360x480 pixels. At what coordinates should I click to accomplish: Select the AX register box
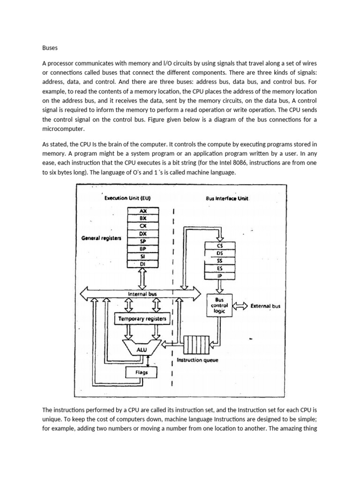(x=143, y=211)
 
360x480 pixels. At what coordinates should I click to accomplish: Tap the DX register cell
(x=143, y=233)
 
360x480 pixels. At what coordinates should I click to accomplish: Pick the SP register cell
(x=143, y=241)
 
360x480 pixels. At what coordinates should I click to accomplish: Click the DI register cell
(x=143, y=264)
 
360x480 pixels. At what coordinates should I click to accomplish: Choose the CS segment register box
(x=220, y=245)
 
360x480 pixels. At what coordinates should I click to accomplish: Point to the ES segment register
(x=220, y=269)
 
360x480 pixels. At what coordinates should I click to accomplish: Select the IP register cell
(x=220, y=276)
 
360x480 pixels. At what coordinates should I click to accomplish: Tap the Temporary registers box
(x=142, y=319)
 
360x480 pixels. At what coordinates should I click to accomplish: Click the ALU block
(x=142, y=349)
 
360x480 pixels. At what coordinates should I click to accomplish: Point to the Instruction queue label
(x=196, y=360)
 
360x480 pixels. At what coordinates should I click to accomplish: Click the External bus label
(x=265, y=306)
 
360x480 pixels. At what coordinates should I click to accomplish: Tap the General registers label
(x=101, y=238)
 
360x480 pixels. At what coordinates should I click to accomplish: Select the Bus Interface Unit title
(x=227, y=198)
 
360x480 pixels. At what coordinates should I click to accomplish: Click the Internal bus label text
(x=142, y=294)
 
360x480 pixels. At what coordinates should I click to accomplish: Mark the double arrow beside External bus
(x=240, y=306)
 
